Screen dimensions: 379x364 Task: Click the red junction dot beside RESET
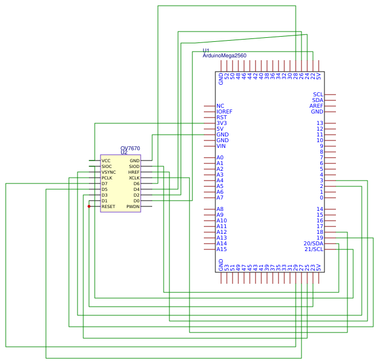click(89, 206)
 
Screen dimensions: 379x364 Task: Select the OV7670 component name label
click(130, 148)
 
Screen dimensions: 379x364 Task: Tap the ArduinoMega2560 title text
click(225, 56)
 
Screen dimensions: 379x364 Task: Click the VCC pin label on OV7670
click(106, 161)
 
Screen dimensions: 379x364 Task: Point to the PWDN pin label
click(133, 207)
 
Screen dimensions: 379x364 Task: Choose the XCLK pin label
click(134, 178)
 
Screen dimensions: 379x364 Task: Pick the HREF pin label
click(134, 172)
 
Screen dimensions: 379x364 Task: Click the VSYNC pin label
click(109, 172)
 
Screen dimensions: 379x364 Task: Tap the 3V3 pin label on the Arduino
click(222, 123)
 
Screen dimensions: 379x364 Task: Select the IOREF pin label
click(225, 112)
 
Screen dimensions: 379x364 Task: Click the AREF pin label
click(316, 106)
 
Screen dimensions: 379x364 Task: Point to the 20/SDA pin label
click(314, 244)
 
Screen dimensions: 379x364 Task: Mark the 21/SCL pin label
click(314, 249)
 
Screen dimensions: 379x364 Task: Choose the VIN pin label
click(221, 146)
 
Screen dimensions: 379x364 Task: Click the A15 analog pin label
click(222, 249)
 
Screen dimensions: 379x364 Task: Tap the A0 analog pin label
click(220, 158)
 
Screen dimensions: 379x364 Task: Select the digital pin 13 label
click(320, 123)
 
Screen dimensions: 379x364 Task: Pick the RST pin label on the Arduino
click(222, 118)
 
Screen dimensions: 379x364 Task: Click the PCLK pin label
click(107, 178)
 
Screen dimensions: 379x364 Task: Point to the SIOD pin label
click(134, 166)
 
